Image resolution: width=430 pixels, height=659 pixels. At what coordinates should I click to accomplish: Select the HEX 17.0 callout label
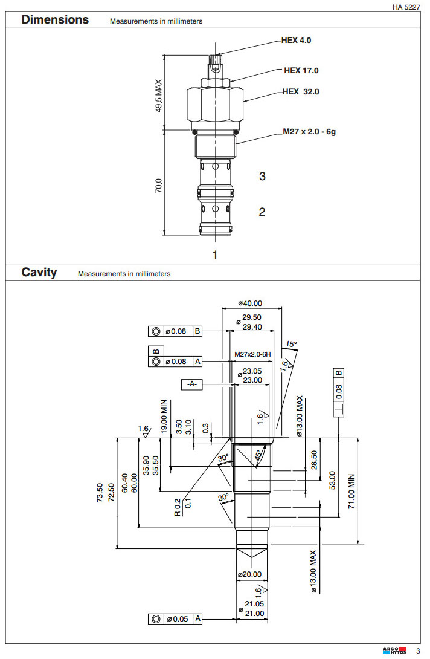point(301,70)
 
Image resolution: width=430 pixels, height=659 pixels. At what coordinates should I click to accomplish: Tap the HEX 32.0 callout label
point(300,92)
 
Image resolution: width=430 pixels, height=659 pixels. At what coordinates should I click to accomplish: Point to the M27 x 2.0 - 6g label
point(309,131)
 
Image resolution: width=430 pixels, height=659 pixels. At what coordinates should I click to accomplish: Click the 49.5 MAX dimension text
point(159,96)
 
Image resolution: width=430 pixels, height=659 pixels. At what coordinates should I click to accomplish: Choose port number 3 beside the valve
point(262,177)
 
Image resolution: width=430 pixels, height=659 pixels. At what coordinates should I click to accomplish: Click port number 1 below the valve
point(214,255)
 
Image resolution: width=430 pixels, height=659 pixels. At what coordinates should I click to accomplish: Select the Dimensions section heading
point(55,19)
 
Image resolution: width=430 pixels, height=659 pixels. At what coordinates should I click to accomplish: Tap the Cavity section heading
point(39,272)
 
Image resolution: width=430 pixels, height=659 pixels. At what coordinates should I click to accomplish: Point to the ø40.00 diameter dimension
point(250,304)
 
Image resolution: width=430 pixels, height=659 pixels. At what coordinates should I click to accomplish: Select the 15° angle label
point(291,344)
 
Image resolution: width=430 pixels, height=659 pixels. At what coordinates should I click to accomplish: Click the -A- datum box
point(192,383)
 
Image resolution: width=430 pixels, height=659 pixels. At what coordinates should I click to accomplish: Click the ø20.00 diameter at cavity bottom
point(249,574)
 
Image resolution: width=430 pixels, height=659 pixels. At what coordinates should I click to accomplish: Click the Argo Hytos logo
point(394,651)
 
